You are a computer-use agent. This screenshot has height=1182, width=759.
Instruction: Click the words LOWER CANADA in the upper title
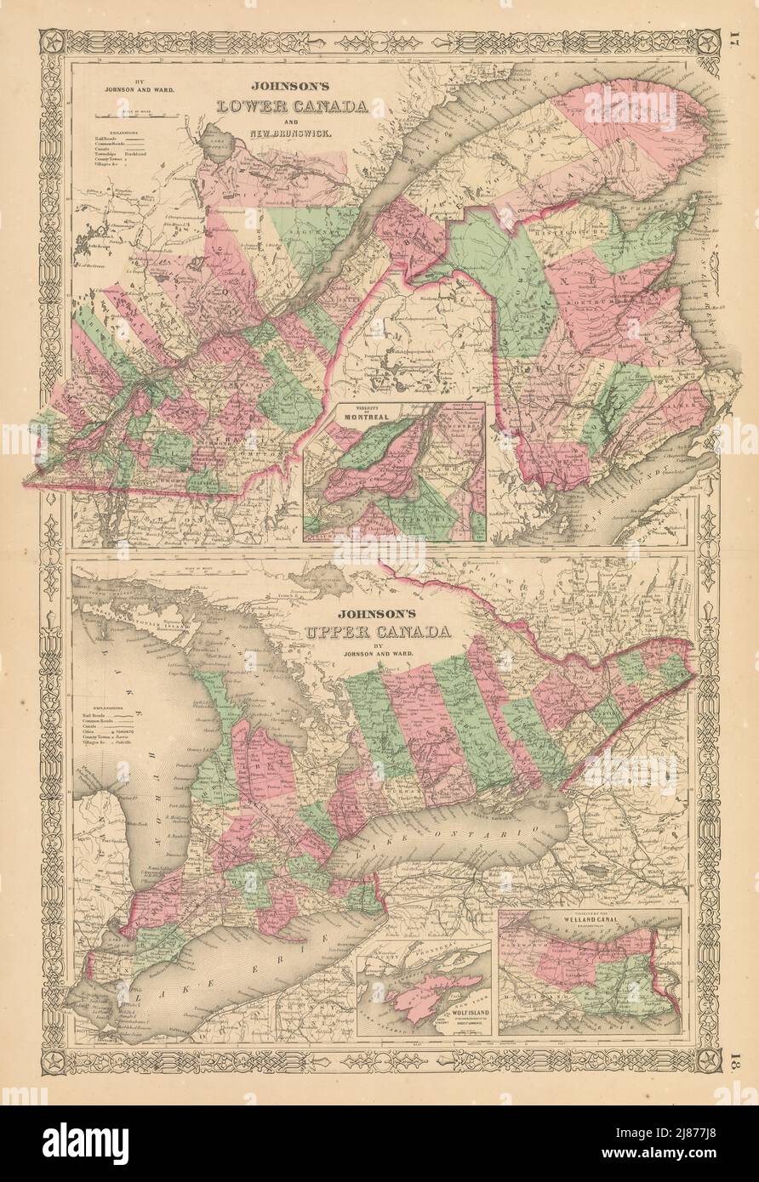(294, 107)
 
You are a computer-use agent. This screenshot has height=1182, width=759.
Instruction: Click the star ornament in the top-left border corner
(52, 40)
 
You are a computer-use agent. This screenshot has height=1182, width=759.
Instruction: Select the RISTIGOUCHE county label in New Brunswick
(587, 228)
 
